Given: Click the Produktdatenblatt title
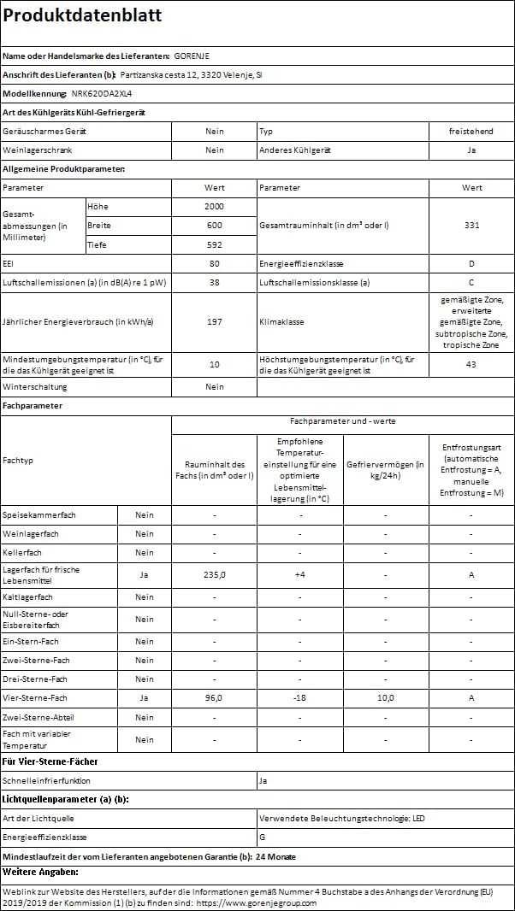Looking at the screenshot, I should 82,16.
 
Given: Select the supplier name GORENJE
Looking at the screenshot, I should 192,56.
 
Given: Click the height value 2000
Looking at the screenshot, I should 214,207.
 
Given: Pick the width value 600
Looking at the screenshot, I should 214,226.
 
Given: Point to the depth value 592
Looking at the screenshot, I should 214,244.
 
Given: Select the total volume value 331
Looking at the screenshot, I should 471,226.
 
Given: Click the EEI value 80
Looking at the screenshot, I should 214,264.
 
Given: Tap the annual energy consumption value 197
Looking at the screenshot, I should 214,322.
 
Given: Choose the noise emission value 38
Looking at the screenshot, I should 214,283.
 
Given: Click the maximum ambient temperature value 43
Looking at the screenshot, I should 471,365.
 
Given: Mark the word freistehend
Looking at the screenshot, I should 471,132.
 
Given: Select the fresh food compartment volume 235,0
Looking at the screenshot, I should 214,575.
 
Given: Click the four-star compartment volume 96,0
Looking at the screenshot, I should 214,698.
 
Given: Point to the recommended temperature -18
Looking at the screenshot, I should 299,698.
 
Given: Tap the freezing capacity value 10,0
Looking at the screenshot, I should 385,698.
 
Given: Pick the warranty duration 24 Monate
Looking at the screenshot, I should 275,856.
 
